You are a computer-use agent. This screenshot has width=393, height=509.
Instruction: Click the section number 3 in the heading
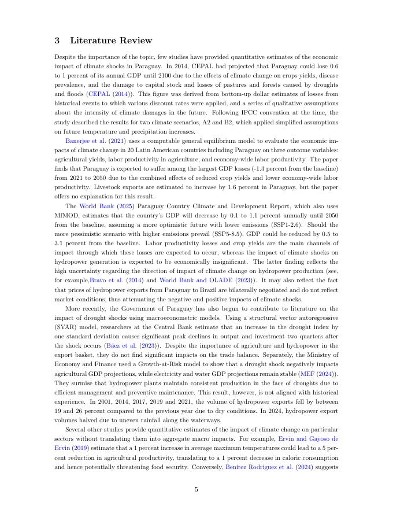coord(57,40)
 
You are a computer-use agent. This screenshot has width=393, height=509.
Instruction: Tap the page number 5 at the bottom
coord(196,489)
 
